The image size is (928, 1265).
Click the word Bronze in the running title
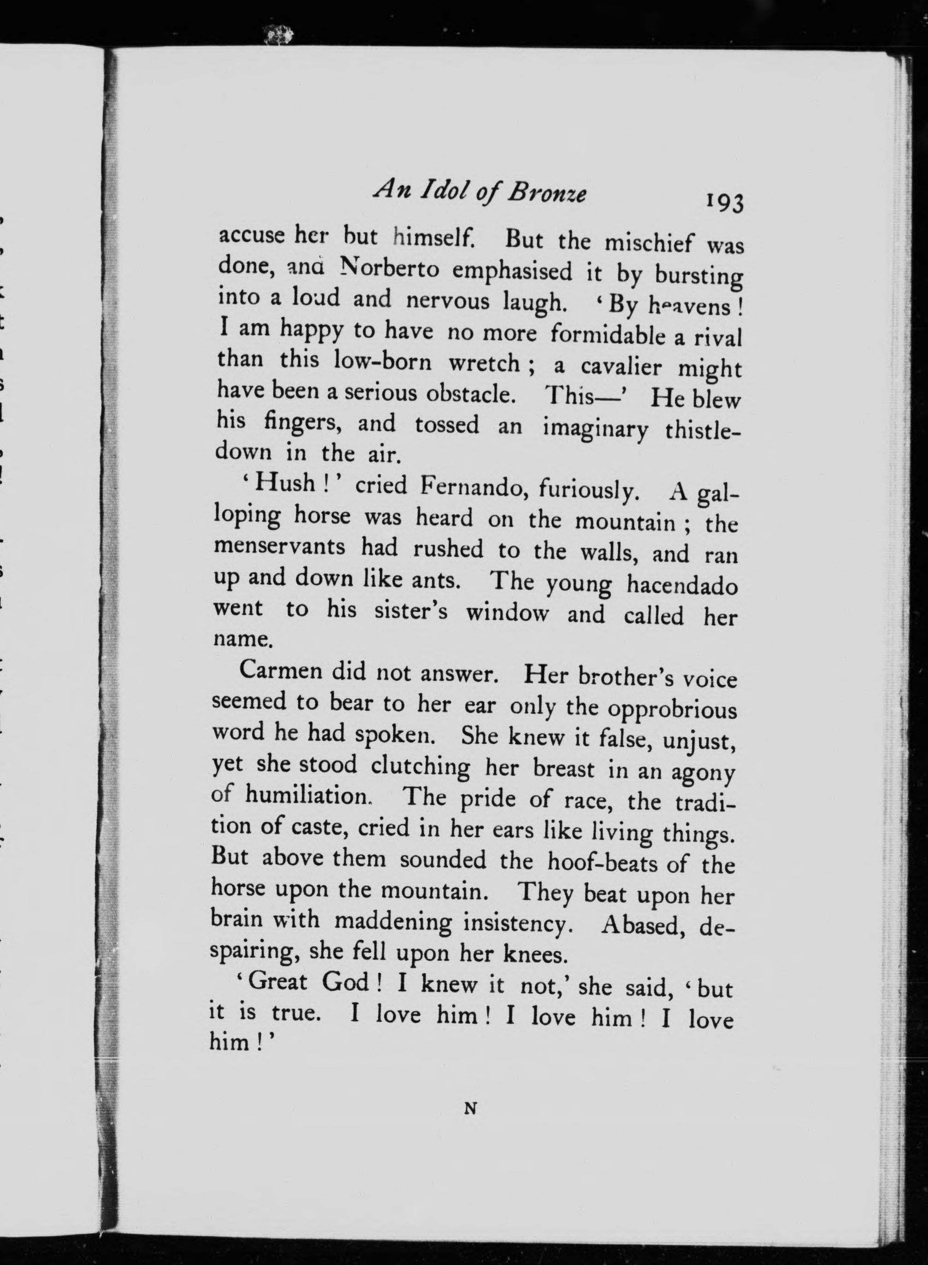pos(546,194)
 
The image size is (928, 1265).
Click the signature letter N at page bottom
pos(471,1108)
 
